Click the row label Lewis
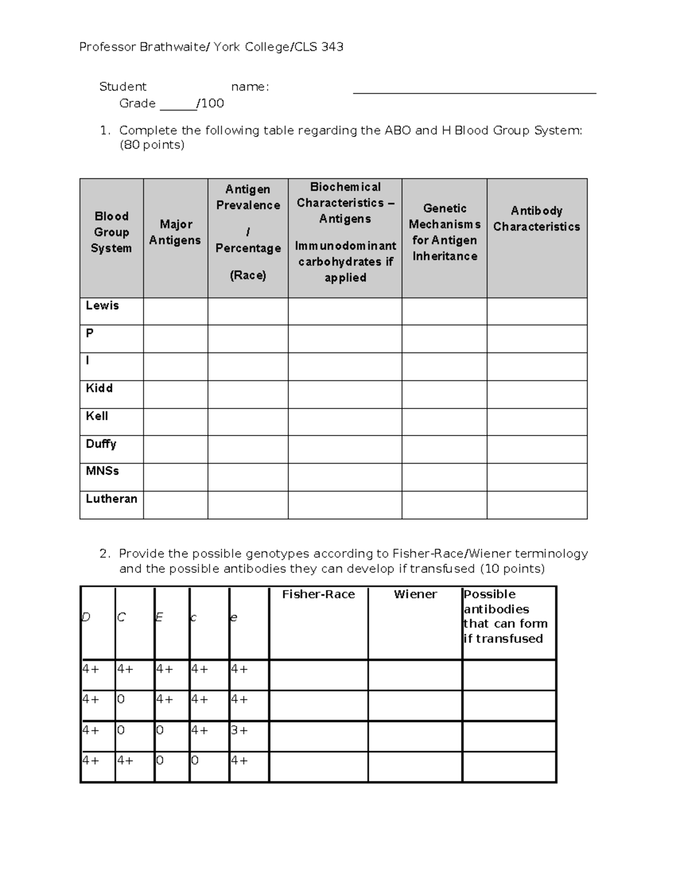[x=102, y=305]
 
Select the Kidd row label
[x=99, y=388]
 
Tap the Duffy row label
[x=101, y=444]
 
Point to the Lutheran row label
[x=111, y=499]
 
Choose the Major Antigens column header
[x=175, y=232]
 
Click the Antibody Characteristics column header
[x=536, y=219]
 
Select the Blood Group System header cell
[x=111, y=232]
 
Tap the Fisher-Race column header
[x=318, y=594]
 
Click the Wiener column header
[x=415, y=594]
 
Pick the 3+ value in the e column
[x=239, y=730]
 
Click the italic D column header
[x=86, y=618]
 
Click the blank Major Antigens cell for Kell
[x=175, y=422]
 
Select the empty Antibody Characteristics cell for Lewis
[x=536, y=311]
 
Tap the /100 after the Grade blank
[x=210, y=104]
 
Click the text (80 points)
[x=152, y=145]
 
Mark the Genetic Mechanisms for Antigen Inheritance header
[x=444, y=232]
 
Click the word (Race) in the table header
[x=248, y=276]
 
